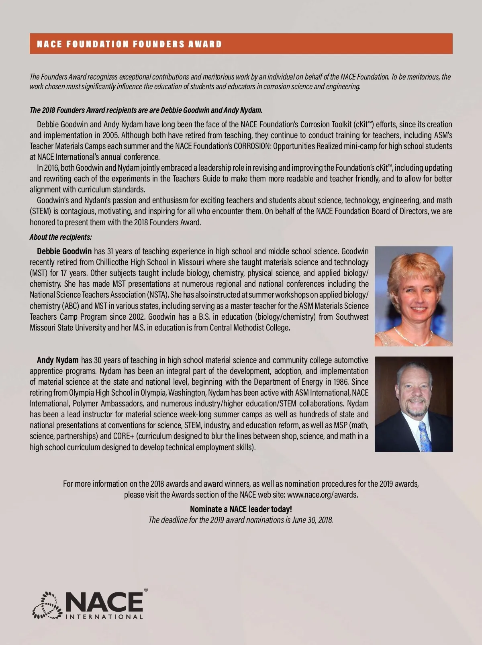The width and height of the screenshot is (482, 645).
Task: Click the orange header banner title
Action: [129, 44]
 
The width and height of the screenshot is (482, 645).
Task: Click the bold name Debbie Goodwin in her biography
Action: [64, 251]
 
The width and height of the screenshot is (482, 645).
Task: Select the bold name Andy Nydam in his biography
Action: [58, 360]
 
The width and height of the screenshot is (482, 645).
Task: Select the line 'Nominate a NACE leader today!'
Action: [241, 509]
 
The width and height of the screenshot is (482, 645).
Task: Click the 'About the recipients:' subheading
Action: [61, 237]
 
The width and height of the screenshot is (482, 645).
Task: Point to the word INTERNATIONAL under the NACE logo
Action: [104, 617]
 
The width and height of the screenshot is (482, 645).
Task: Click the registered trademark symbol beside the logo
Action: [146, 590]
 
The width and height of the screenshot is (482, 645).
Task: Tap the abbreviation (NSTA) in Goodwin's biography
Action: [157, 295]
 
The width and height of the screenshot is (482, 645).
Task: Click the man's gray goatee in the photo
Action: [415, 410]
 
